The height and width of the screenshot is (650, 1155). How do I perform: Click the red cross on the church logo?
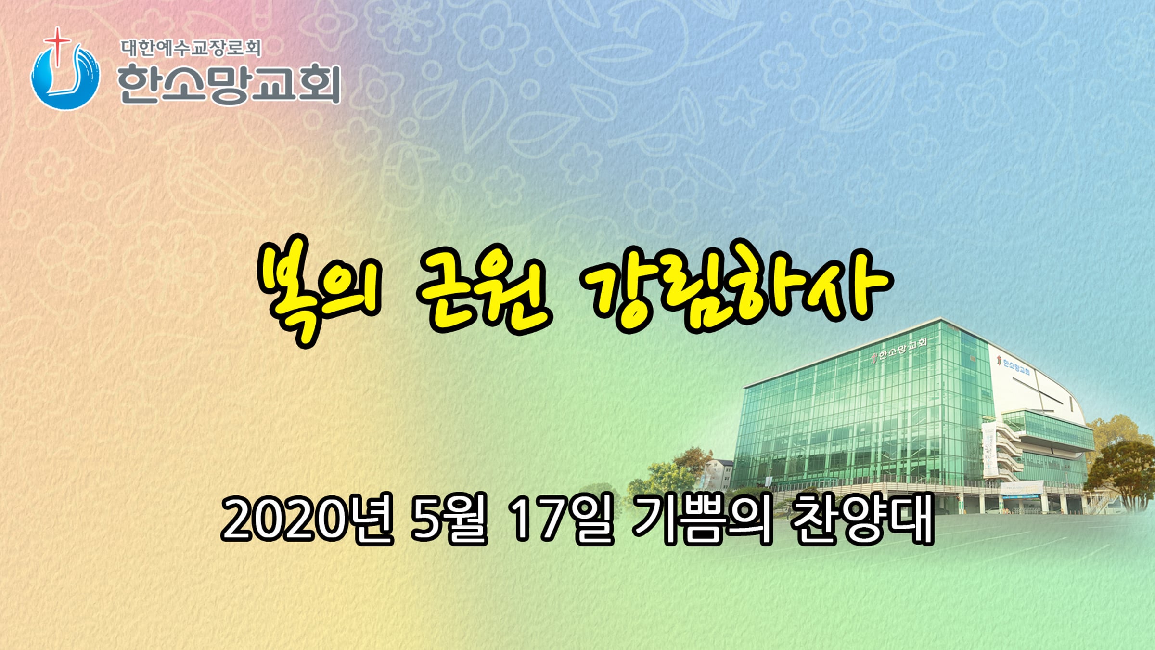[x=58, y=46]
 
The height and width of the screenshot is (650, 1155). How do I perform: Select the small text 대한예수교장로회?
[x=191, y=48]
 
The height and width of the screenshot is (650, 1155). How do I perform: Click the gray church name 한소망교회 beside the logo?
[x=229, y=85]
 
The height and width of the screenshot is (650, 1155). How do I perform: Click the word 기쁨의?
[x=703, y=520]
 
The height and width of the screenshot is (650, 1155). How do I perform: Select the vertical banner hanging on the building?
[x=989, y=447]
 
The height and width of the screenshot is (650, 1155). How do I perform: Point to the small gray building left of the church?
[x=718, y=474]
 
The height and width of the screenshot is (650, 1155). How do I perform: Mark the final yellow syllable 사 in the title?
[x=850, y=287]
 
